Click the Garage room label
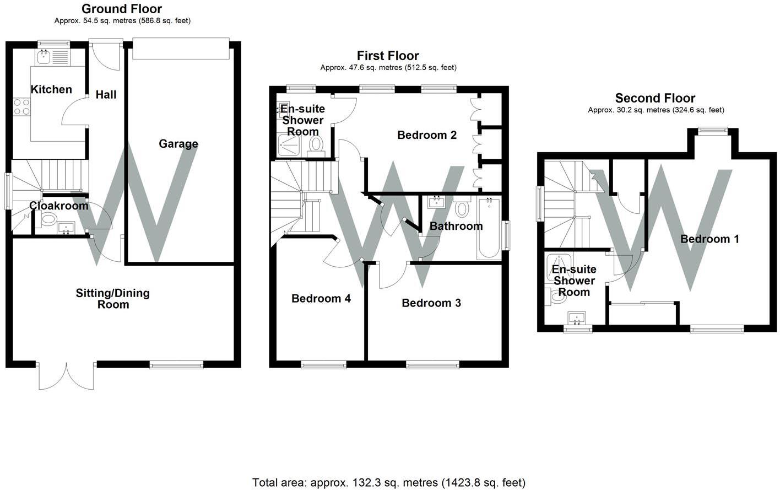point(178,144)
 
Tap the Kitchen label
point(51,89)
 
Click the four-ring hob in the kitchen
point(21,107)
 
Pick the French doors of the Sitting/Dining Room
point(66,376)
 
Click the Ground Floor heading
point(122,9)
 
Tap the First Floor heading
point(388,56)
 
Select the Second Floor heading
point(656,98)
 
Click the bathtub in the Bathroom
point(489,228)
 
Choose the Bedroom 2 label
point(427,135)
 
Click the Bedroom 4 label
point(321,298)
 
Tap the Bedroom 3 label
point(431,303)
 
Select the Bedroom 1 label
point(709,239)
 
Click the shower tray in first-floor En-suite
point(289,146)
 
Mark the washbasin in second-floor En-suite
point(577,318)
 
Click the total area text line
point(388,482)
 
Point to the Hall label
point(106,94)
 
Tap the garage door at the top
point(181,49)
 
